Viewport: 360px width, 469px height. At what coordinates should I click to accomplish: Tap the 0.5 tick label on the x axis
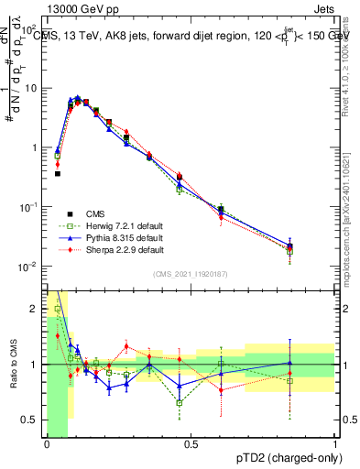pos(191,444)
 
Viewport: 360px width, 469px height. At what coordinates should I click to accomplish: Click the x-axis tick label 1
pos(335,444)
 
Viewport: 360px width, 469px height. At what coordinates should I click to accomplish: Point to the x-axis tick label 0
pos(47,444)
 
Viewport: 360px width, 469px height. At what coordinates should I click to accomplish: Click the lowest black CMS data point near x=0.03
pos(57,173)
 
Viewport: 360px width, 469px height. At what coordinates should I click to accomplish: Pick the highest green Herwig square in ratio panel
pos(58,310)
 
